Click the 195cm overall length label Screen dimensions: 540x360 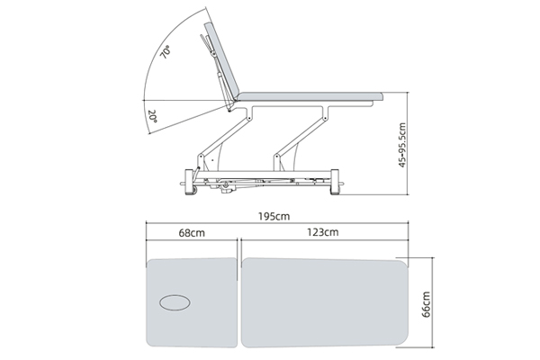tap(274, 216)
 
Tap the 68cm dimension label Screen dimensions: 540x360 tap(192, 233)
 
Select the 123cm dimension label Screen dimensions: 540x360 tap(323, 232)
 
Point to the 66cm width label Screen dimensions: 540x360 tap(426, 304)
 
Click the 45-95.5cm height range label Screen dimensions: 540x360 tap(402, 145)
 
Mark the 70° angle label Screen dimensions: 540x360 tap(166, 52)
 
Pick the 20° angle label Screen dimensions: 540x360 tap(153, 116)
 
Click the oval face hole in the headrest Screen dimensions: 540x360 tap(175, 302)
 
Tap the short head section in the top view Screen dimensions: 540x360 tap(192, 302)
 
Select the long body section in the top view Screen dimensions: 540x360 tap(324, 302)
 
